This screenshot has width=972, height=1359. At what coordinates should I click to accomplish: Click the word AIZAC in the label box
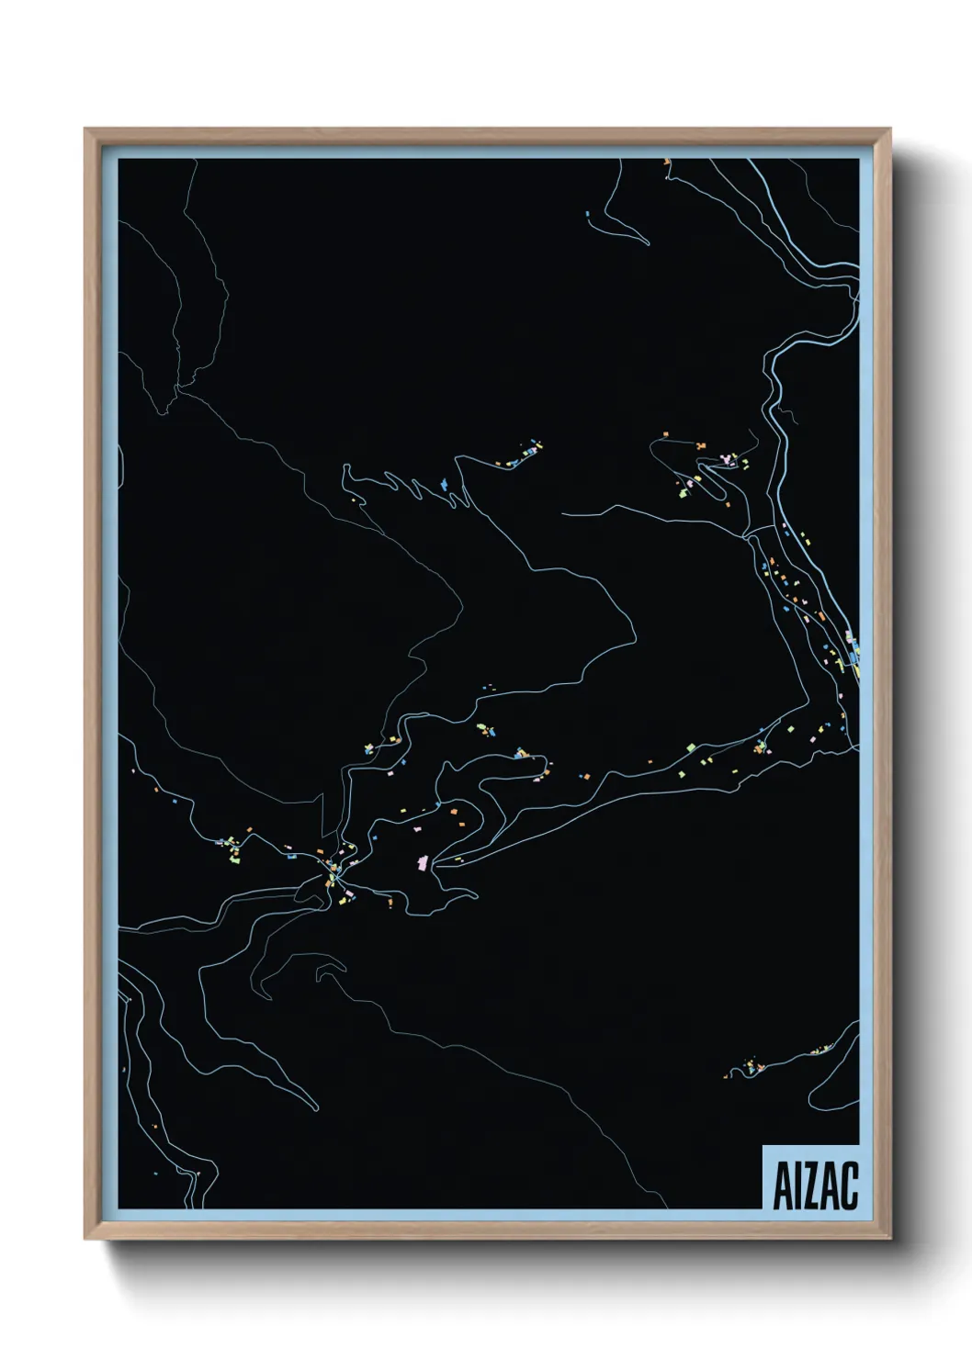click(x=815, y=1185)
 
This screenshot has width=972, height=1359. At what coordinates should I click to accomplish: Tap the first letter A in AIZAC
click(x=784, y=1185)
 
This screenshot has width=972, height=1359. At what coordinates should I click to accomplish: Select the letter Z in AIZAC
click(x=812, y=1185)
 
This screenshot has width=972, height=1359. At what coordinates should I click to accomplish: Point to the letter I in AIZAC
click(x=798, y=1185)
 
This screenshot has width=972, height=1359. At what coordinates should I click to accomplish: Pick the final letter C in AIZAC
click(x=849, y=1185)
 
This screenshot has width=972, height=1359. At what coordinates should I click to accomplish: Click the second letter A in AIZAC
click(x=831, y=1185)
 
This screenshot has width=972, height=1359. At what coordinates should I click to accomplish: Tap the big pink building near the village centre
click(x=423, y=861)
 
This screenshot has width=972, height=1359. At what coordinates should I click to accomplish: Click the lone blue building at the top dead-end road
click(x=587, y=214)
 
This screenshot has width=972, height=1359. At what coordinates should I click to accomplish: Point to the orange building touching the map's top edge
click(x=667, y=162)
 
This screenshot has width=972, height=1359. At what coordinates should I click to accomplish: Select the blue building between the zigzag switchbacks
click(x=444, y=483)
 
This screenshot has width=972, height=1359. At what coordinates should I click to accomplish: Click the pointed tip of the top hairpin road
click(x=648, y=243)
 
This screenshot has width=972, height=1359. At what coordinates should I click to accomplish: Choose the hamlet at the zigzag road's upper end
click(x=524, y=454)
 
